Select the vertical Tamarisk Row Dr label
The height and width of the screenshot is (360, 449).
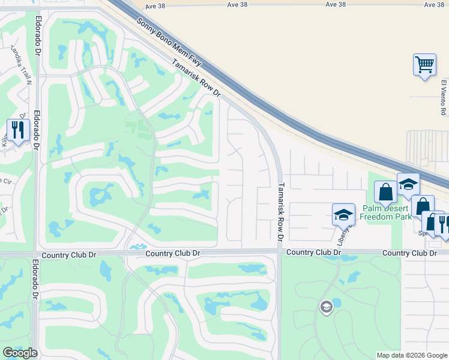pos(280,211)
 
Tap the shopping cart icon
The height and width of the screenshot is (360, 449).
pos(424,64)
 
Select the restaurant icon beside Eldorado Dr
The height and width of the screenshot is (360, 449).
pos(18,130)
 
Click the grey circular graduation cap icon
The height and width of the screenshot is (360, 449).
pos(326,307)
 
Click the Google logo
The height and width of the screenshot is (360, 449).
pos(20,353)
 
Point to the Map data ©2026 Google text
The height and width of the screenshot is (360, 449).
pos(411,355)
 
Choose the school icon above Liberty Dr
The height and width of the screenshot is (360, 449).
pos(343,214)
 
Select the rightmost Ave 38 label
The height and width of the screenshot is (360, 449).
pos(434,4)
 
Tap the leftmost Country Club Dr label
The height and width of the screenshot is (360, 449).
pos(173,254)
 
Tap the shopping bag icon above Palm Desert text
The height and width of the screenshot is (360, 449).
pos(385,191)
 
